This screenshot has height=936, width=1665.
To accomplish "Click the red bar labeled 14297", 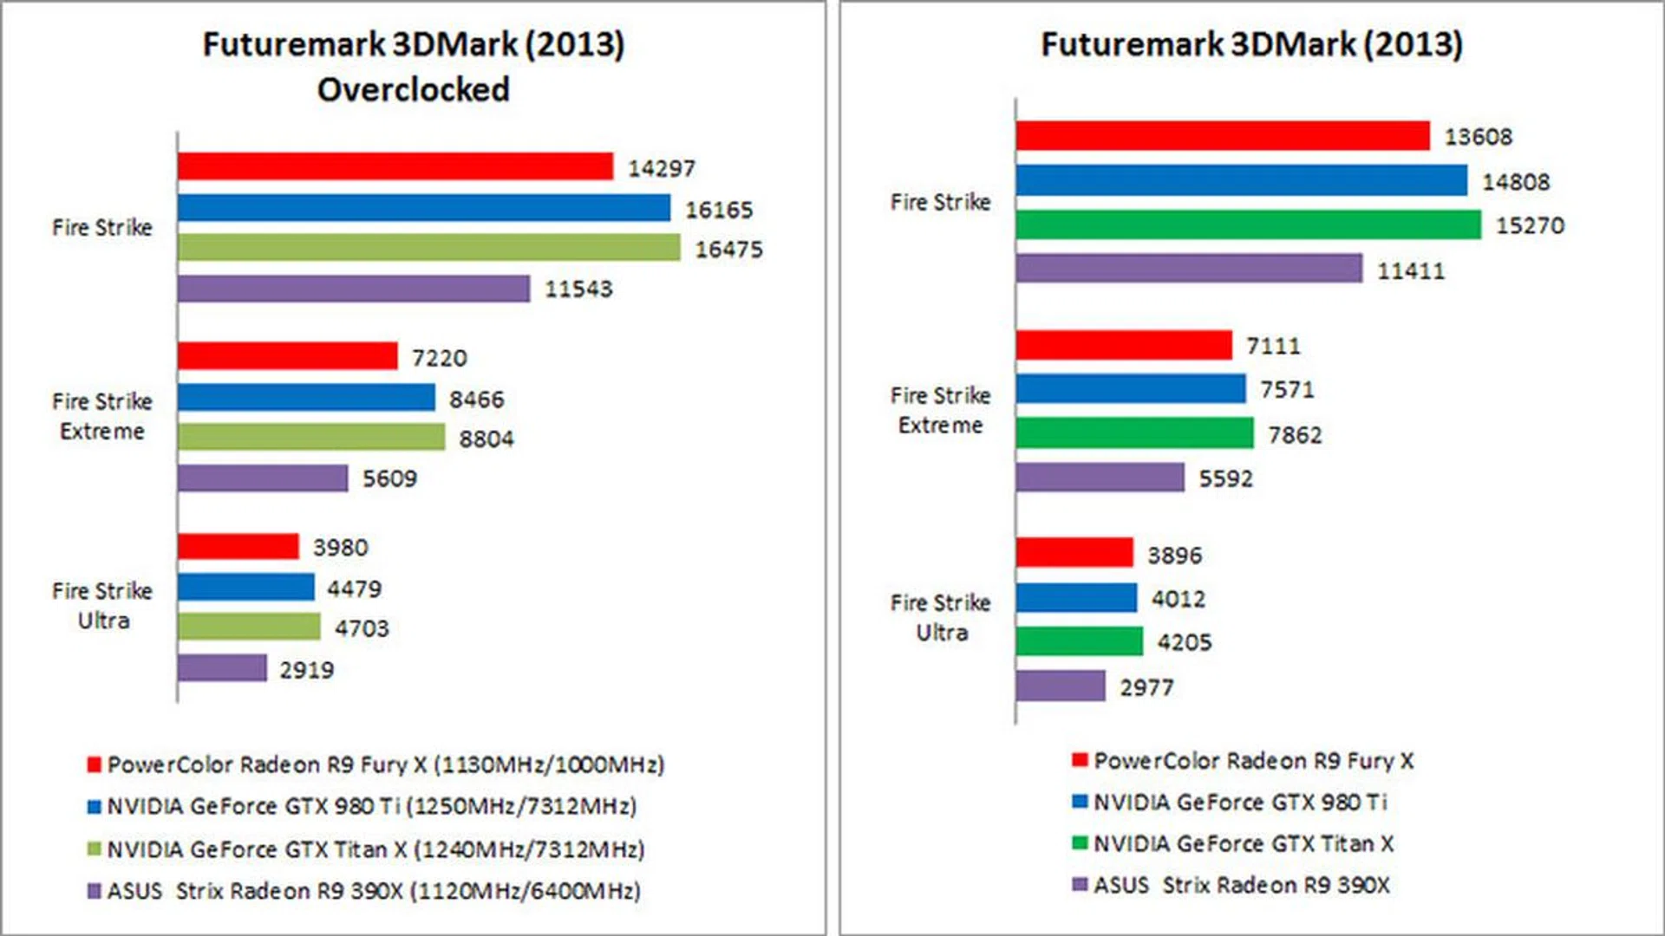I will coord(395,166).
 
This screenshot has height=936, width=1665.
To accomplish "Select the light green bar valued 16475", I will coord(428,248).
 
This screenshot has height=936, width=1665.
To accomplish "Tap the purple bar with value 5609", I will coord(263,478).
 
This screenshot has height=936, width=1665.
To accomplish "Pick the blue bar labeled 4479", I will coord(245,587).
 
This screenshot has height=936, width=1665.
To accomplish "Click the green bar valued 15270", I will coord(1248,224).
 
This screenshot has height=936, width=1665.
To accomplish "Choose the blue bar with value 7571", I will coord(1131,389).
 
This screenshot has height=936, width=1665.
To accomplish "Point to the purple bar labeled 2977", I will coord(1061,686).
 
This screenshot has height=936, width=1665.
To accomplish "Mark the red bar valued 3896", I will coord(1074,553).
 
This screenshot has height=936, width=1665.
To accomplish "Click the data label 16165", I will coord(719,210).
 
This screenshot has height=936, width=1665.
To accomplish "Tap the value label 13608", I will coord(1478,137).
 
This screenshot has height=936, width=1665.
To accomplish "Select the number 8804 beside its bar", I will coord(486,439).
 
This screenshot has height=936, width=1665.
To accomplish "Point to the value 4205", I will coord(1184,642).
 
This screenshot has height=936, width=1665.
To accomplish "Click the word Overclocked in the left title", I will coord(413,89).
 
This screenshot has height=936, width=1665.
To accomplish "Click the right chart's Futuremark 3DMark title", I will coord(1251,44).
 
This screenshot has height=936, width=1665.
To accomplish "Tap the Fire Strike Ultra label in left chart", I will coord(102,605).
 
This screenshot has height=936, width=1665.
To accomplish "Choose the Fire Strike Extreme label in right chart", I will coord(940,410).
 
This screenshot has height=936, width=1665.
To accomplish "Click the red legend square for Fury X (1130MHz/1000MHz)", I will coord(94,764).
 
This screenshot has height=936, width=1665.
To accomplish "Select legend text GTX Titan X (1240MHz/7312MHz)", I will coord(375,849).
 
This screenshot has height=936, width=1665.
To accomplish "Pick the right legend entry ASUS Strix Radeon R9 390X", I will coord(1241,885).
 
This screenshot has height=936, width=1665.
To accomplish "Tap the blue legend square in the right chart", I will coord(1080,802).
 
